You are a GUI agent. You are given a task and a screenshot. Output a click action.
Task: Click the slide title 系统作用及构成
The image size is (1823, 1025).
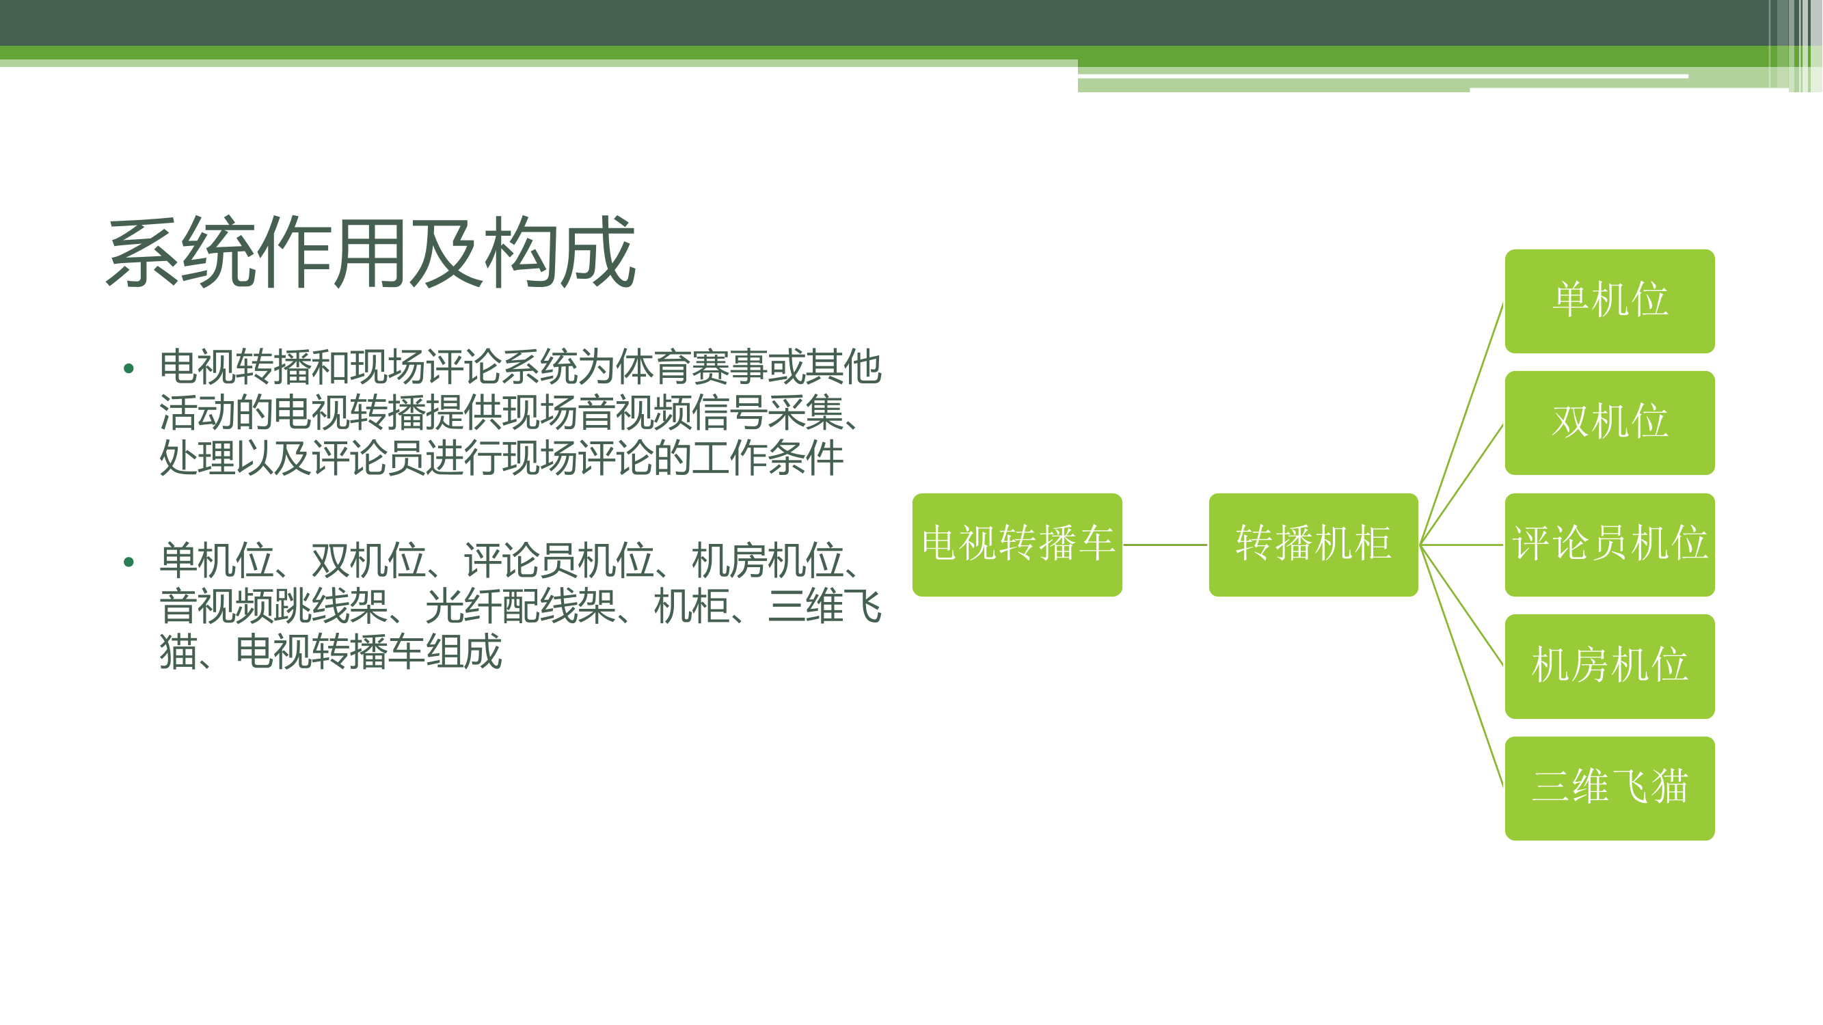371,253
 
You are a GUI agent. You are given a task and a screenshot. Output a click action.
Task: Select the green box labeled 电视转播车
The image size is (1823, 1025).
1017,545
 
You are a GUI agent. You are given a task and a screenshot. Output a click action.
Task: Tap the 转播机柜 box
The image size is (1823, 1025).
1314,545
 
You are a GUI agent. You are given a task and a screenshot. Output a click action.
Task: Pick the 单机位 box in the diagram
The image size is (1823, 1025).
1609,301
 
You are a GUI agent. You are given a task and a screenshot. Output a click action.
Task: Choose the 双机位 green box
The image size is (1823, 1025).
1609,422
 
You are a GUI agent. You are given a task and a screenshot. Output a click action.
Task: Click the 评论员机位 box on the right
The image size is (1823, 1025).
1609,545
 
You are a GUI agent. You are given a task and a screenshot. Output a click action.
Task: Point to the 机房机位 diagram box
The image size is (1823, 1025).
1609,666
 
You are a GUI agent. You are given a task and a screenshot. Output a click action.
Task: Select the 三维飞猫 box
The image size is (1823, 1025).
1609,788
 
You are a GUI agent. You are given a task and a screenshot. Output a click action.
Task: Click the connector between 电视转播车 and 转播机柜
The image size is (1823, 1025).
1165,545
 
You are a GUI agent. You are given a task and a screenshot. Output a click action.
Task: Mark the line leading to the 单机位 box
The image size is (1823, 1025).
1461,423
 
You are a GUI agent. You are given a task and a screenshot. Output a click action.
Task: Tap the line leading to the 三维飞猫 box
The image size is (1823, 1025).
1461,666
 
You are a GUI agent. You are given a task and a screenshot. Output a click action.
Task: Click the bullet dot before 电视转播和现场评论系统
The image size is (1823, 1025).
128,368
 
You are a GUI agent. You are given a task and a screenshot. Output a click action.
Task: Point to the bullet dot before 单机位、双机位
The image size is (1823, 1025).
128,562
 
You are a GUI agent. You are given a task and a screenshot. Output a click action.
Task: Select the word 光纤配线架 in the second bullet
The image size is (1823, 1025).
520,607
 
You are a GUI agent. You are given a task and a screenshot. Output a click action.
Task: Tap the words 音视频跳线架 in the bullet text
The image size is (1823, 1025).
273,607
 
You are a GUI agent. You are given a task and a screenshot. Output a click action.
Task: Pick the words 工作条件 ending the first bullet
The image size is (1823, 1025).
767,458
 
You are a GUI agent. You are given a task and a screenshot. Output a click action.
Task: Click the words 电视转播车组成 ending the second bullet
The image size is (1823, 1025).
368,651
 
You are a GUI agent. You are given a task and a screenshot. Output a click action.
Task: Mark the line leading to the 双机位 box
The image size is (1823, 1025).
1461,484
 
